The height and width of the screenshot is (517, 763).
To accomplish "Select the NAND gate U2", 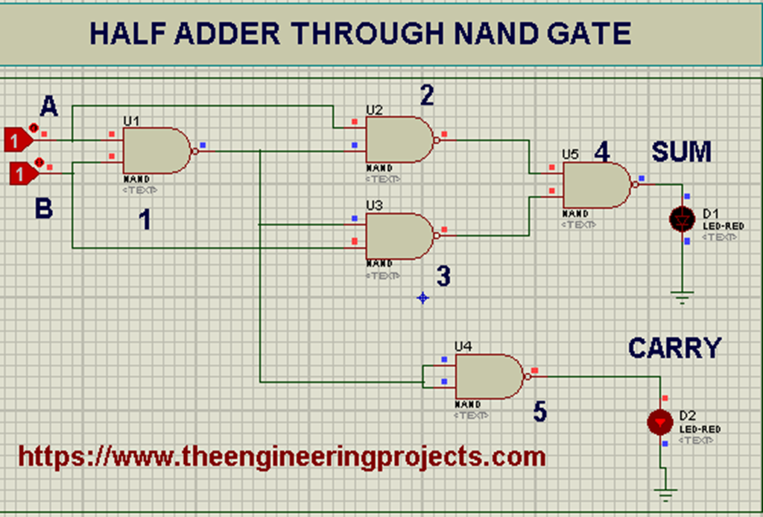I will pyautogui.click(x=398, y=140).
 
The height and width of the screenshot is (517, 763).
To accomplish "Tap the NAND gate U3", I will pyautogui.click(x=398, y=236).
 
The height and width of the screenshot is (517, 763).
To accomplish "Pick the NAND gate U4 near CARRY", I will pyautogui.click(x=487, y=377).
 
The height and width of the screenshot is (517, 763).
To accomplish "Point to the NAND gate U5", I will pyautogui.click(x=595, y=186).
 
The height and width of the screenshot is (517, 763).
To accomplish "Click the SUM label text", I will pyautogui.click(x=681, y=153).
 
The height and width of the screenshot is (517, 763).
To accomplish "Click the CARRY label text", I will pyautogui.click(x=674, y=348).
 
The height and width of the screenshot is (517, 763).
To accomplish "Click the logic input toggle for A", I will pyautogui.click(x=19, y=139).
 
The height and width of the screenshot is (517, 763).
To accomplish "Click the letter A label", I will pyautogui.click(x=48, y=108).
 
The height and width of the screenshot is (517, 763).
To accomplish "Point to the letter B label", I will pyautogui.click(x=44, y=209).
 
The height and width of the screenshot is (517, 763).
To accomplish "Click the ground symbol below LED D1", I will pyautogui.click(x=683, y=296).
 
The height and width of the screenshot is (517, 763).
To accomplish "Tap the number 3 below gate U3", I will pyautogui.click(x=443, y=277).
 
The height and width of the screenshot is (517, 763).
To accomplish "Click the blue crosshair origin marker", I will pyautogui.click(x=422, y=298).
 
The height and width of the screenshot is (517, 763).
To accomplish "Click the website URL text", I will pyautogui.click(x=282, y=455).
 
